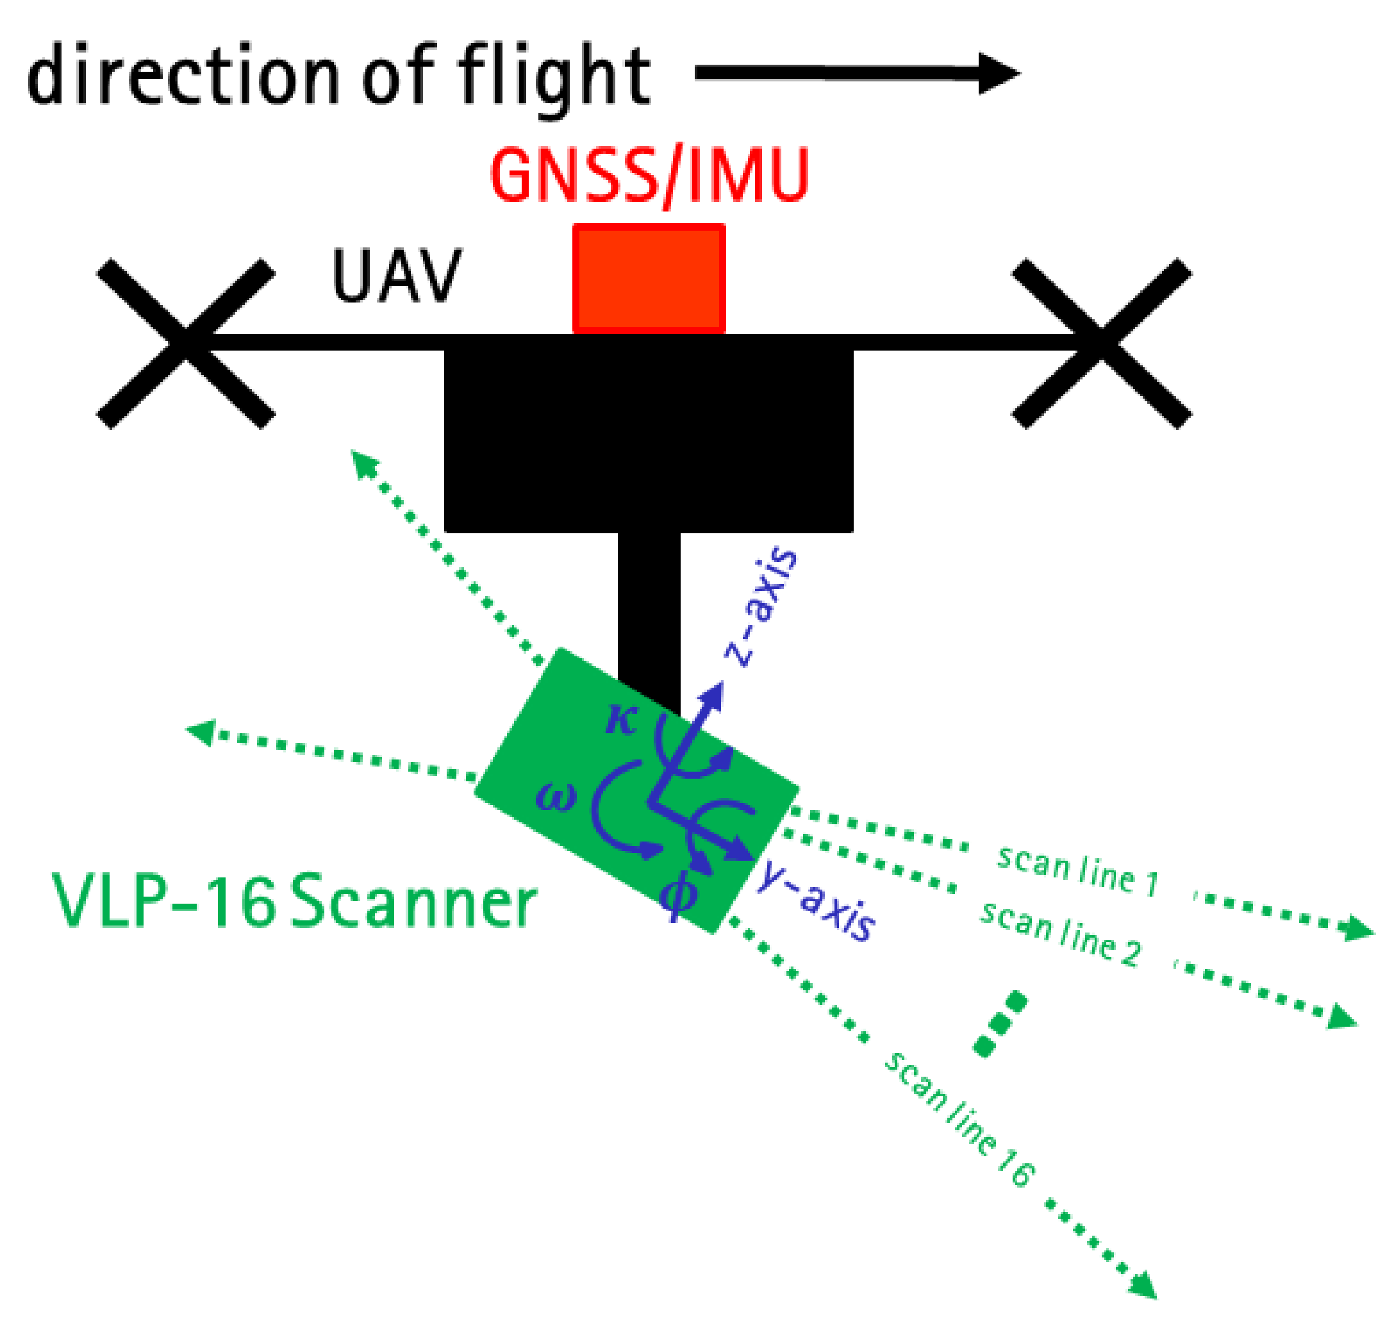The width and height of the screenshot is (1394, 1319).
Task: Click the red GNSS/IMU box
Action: (648, 278)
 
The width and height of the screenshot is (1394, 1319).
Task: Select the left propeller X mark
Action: (186, 343)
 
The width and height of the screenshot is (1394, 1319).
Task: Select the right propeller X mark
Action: (1101, 343)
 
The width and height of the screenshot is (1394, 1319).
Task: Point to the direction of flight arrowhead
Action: (998, 73)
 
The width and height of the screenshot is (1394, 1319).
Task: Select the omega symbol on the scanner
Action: (555, 798)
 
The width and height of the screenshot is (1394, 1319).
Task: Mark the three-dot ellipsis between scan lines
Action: (1000, 1024)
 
